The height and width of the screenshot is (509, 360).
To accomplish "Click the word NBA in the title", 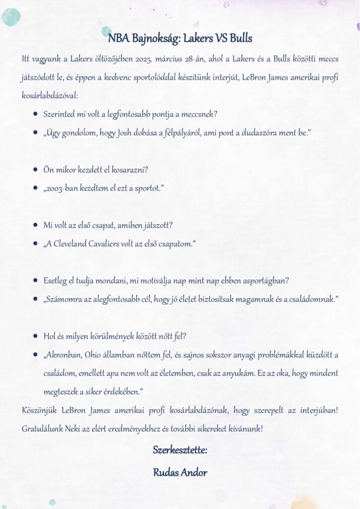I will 119,38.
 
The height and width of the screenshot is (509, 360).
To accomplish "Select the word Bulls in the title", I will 241,38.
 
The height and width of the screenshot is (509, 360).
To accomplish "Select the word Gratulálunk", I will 42,428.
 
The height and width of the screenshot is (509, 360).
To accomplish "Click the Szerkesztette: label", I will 180,450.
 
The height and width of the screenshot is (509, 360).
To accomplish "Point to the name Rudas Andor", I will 180,472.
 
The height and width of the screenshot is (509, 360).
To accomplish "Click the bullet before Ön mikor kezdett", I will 36,170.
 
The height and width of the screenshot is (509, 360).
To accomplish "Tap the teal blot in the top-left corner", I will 11,16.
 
